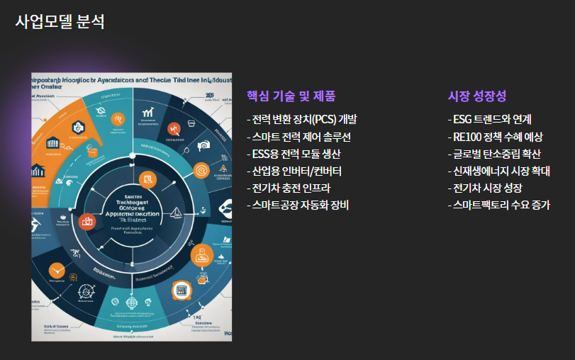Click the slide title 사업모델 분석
pyautogui.click(x=60, y=22)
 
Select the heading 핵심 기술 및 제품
pyautogui.click(x=291, y=96)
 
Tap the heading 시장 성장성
pyautogui.click(x=477, y=96)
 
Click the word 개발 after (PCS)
pyautogui.click(x=348, y=119)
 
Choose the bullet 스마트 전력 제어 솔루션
pyautogui.click(x=298, y=137)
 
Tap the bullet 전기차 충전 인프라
pyautogui.click(x=289, y=189)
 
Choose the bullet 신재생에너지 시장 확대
pyautogui.click(x=499, y=171)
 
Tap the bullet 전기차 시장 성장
pyautogui.click(x=486, y=189)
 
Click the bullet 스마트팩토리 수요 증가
pyautogui.click(x=499, y=206)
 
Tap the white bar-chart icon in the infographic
pyautogui.click(x=149, y=112)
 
